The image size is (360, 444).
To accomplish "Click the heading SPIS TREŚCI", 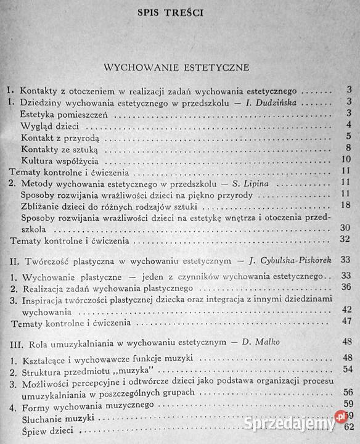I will coord(181,12).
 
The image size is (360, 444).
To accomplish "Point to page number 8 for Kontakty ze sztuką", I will coord(349,148).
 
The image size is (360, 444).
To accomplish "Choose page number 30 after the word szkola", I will coord(345,228).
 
